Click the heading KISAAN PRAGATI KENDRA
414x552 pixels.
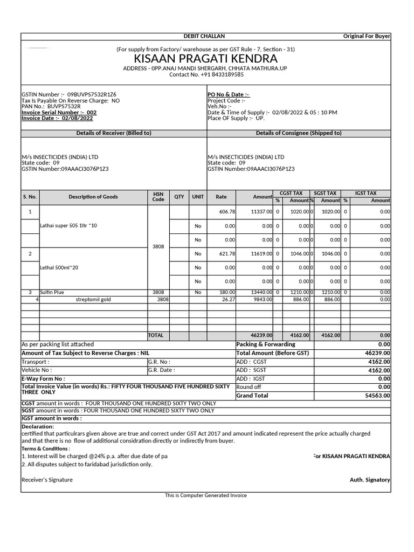(x=206, y=58)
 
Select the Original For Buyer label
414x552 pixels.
(x=367, y=36)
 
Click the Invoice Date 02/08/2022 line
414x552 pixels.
(x=57, y=118)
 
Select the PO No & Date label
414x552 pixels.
(x=229, y=95)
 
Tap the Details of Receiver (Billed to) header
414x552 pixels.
(x=114, y=133)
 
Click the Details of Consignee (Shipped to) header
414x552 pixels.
(x=298, y=133)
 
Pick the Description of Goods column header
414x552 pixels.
(x=93, y=197)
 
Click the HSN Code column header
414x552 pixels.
(x=158, y=197)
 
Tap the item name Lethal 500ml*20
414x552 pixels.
(x=59, y=267)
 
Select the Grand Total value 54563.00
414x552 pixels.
(x=377, y=396)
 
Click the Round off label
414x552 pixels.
(x=249, y=387)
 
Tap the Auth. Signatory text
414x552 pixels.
(x=370, y=480)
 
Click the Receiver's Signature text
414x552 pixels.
(x=47, y=480)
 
